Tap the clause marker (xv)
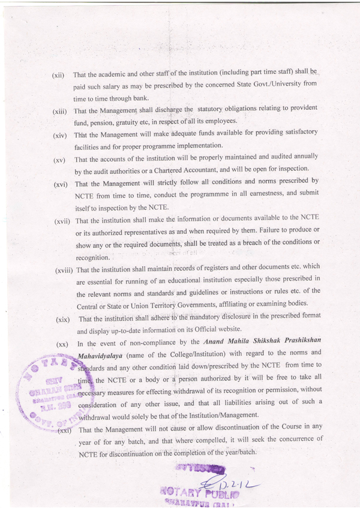[x=59, y=161]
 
